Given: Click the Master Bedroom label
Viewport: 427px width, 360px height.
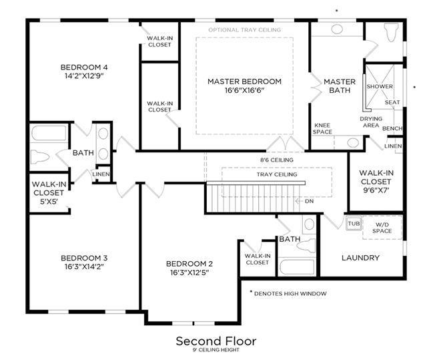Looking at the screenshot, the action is tap(244, 81).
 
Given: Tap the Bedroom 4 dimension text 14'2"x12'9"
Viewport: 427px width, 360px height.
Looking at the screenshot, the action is tap(85, 75).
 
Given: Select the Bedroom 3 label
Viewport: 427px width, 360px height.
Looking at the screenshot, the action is tap(84, 258).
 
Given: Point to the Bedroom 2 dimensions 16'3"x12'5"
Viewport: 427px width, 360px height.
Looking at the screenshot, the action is tap(189, 273).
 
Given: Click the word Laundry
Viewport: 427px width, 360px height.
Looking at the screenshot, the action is tap(360, 258).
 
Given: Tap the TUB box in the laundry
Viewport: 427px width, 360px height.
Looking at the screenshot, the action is tap(354, 224).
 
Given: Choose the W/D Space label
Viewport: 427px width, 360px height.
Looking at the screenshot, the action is tap(382, 228).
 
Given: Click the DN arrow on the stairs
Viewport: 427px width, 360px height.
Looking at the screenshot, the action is tap(300, 201).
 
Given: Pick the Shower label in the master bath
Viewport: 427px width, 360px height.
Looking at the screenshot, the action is tap(380, 86).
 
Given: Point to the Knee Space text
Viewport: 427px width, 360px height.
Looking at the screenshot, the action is tap(322, 129).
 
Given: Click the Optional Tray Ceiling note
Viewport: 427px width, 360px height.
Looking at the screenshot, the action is tap(245, 30).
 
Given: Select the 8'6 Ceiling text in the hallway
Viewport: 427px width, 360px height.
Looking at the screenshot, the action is tap(277, 160).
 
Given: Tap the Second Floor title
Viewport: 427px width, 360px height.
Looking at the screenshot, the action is tap(216, 341).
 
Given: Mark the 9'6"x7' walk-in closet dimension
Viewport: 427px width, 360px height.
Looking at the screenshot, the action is tap(376, 190).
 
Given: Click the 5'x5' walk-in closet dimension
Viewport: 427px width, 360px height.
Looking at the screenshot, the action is tap(49, 202).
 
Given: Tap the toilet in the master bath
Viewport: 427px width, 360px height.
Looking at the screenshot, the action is tap(391, 32).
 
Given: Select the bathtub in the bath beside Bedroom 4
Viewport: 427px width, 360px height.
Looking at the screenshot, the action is tap(49, 133).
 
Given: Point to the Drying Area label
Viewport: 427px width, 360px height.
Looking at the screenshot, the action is tap(371, 122).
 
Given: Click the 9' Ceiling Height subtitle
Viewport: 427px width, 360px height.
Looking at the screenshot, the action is tap(216, 350).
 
